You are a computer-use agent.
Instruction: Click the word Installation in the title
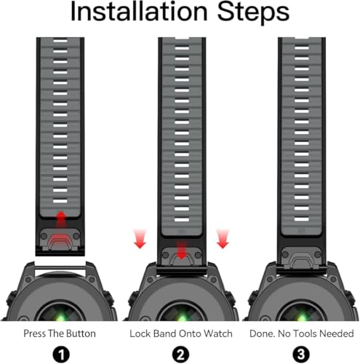point(139,11)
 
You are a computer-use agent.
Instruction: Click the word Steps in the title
point(253,12)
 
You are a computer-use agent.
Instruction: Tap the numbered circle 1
point(61,355)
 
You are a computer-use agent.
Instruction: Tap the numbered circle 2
point(180,355)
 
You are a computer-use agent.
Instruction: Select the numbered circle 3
point(301,355)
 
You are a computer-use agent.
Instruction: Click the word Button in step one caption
point(81,333)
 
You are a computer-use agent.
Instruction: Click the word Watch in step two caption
point(218,333)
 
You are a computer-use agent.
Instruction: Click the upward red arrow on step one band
point(61,219)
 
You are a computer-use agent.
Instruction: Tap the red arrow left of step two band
point(140,239)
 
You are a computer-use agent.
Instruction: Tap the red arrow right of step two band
point(223,239)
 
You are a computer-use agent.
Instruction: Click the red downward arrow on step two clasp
point(181,250)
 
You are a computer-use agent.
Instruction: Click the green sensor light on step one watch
point(60,317)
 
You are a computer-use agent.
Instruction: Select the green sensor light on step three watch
point(301,317)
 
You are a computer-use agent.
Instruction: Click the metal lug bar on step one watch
point(60,268)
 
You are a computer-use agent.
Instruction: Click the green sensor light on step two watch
point(181,317)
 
